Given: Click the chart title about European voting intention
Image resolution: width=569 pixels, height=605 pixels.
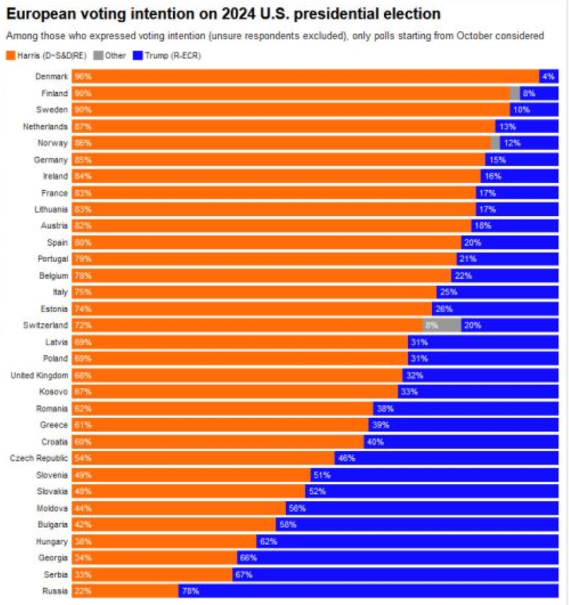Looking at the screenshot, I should click(x=224, y=14).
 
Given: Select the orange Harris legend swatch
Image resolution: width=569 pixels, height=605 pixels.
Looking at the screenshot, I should click(x=9, y=55).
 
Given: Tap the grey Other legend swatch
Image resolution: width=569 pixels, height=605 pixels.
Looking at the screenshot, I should click(x=97, y=55).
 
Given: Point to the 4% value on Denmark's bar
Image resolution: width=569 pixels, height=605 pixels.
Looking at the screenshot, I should click(x=548, y=76).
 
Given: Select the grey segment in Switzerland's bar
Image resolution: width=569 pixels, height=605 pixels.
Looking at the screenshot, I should click(x=442, y=325).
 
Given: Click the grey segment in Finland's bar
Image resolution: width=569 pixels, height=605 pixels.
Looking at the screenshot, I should click(x=515, y=93).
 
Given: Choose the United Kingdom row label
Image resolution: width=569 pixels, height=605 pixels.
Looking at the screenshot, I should click(x=40, y=375).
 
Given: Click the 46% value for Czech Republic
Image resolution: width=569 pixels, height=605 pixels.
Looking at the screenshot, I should click(x=346, y=458).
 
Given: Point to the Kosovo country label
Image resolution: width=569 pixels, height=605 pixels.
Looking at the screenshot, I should click(x=55, y=392).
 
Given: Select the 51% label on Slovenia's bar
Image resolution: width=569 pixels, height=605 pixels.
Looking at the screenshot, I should click(x=321, y=474).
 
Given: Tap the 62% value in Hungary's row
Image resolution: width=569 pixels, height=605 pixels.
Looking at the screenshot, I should click(x=268, y=541).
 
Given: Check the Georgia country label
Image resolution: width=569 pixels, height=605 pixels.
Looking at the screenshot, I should click(x=53, y=558).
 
